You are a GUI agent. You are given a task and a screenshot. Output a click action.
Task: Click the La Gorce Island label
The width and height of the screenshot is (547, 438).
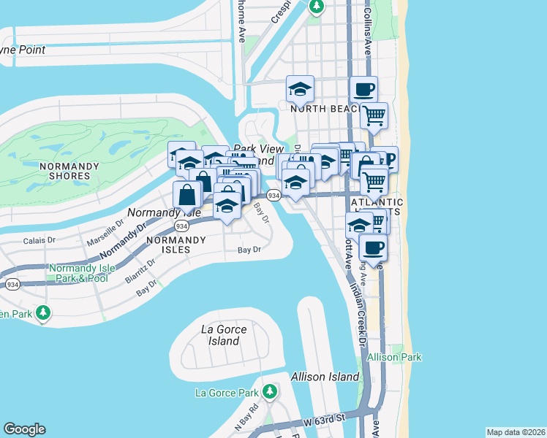point(223,335)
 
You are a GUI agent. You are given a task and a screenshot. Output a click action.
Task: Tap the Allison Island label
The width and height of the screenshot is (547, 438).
point(325,377)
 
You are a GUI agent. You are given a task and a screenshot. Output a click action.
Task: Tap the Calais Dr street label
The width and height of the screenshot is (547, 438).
point(39,239)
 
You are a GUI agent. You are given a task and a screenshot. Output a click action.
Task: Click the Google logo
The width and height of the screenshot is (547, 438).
point(24,429)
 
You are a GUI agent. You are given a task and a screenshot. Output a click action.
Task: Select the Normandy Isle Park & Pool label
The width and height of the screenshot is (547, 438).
point(79,273)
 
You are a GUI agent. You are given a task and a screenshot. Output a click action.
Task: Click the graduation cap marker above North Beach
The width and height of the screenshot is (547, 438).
point(300,90)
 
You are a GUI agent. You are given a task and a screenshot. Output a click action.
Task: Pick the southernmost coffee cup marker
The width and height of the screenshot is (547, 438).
point(373,247)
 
